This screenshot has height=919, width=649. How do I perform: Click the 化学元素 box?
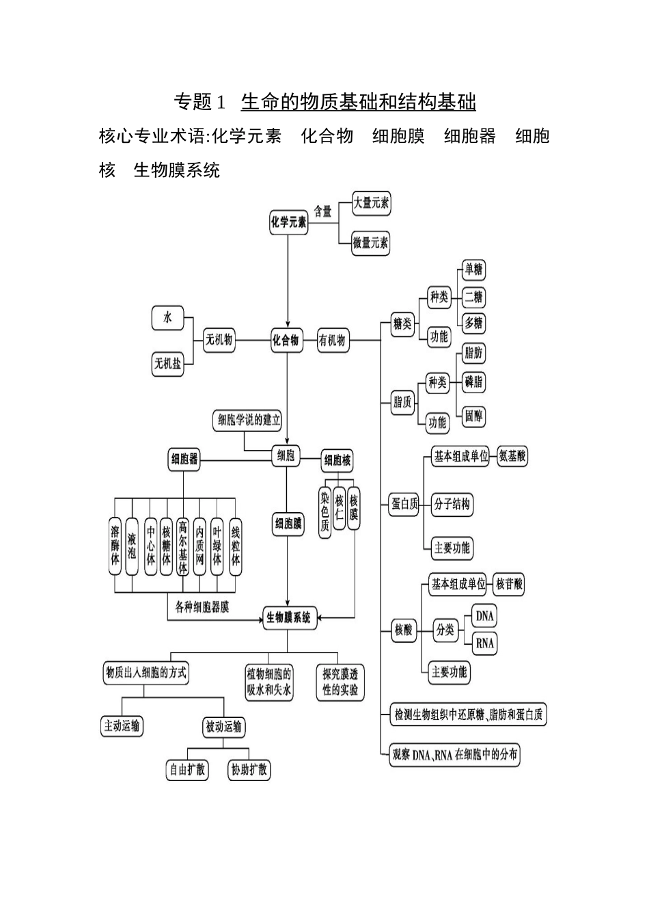coord(288,222)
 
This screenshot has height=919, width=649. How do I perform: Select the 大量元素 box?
coord(371,203)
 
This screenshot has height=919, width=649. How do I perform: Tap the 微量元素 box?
coord(371,242)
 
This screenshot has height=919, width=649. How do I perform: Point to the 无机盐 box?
coord(168,364)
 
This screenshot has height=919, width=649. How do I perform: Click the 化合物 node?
coord(286,340)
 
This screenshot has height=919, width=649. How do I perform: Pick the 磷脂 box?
coord(473,382)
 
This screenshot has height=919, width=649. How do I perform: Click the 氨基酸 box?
coord(512,456)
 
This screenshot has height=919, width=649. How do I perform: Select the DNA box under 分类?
coord(484,615)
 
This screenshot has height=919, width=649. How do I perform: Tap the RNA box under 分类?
coord(484,643)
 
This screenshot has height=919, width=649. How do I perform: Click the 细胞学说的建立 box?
coord(249,421)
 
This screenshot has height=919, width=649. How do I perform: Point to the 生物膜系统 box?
coord(288,617)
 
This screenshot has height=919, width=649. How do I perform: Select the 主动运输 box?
coord(122,726)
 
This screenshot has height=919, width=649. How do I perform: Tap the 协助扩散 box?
coord(249,769)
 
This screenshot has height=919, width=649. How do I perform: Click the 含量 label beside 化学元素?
coord(323,211)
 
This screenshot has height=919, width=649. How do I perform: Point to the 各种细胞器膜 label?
coord(202,607)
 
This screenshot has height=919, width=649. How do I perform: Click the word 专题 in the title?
coord(192,103)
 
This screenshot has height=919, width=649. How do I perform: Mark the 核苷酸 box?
coord(510,584)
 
